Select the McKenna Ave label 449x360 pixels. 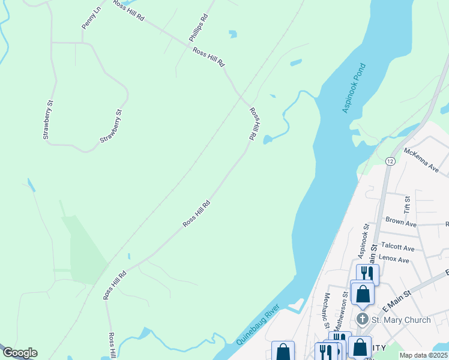pos(421,160)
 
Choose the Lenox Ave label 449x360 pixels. pos(394,260)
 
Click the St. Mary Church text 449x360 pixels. pos(400,320)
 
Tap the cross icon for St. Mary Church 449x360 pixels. pos(363,319)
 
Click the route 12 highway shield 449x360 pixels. pos(390,161)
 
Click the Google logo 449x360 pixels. pos(20,353)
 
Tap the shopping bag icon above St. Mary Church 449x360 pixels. pos(363,294)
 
